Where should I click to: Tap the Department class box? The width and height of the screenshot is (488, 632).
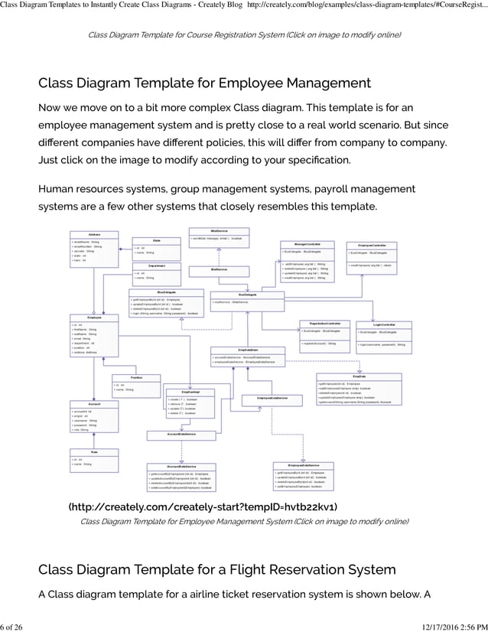[x=155, y=272]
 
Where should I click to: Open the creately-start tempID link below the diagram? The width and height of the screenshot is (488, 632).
[x=203, y=507]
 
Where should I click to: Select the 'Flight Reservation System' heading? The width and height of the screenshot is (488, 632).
[x=216, y=569]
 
